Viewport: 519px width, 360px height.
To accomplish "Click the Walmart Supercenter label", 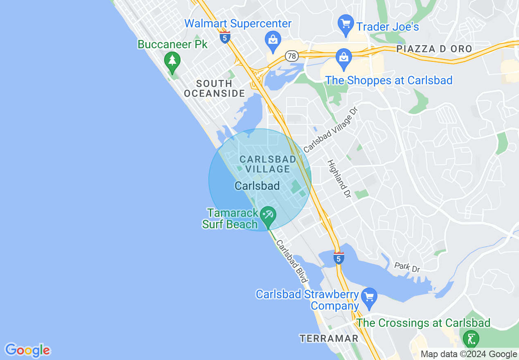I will tap(238, 23).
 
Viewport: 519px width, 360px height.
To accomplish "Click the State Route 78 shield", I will tap(291, 56).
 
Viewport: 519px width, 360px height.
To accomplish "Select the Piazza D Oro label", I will tap(434, 49).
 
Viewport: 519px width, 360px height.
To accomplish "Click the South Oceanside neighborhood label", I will tap(214, 88).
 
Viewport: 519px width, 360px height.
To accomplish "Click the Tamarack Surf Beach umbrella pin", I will tap(269, 216).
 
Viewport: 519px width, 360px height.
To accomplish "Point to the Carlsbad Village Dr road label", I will tap(331, 129).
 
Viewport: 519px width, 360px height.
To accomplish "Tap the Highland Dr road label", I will tap(339, 179).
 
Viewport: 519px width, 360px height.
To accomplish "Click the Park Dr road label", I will tap(407, 267).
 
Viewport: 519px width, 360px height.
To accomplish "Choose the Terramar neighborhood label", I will tap(329, 338).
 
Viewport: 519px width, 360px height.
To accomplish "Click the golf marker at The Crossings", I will tap(471, 339).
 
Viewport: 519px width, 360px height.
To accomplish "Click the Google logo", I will tap(27, 351).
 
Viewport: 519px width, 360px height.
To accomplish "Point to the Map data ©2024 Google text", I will tap(469, 354).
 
